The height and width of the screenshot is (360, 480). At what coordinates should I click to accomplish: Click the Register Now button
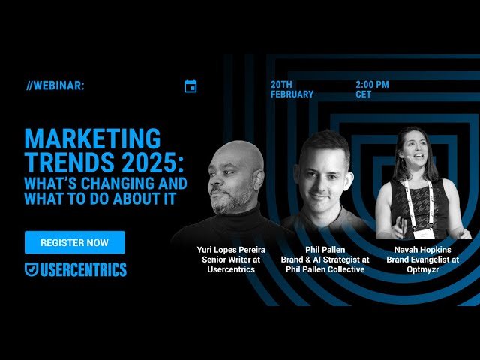(74, 242)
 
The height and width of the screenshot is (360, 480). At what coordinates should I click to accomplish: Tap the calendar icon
(190, 86)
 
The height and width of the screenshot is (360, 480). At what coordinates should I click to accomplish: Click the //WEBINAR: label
(55, 85)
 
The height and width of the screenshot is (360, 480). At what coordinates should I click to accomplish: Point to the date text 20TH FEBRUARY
(292, 89)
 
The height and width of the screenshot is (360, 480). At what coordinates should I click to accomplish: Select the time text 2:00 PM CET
(372, 89)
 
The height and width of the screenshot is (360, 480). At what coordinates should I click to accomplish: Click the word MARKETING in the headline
(92, 139)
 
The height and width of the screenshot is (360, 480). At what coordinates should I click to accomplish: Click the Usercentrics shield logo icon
(31, 270)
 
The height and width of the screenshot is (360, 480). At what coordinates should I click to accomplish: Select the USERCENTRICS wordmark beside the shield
(84, 270)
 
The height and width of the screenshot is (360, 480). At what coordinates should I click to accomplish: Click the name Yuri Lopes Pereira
(231, 250)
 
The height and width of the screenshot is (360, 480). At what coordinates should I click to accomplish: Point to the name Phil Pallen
(325, 250)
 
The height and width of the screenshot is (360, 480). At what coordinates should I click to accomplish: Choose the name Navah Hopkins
(422, 250)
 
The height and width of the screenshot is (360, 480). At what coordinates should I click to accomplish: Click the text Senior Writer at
(231, 259)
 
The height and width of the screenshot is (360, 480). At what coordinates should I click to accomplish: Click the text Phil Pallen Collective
(325, 269)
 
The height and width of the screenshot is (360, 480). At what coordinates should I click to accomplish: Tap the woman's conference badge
(420, 232)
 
